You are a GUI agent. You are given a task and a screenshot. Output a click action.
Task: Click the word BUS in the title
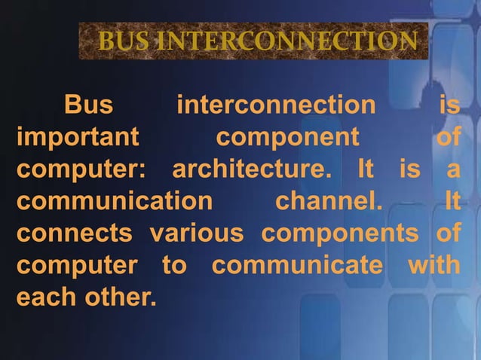pos(123,41)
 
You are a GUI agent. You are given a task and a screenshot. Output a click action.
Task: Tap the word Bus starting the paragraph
pos(89,105)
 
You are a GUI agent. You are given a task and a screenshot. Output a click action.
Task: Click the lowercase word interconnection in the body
pos(275,105)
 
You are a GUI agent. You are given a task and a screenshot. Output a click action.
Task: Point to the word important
pos(78,138)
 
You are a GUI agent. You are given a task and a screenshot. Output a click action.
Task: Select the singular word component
pos(287,138)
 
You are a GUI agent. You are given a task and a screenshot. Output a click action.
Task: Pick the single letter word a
pos(452,170)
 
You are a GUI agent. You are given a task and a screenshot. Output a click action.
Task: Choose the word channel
pos(328,202)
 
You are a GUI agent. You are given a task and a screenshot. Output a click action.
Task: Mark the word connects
pos(74,234)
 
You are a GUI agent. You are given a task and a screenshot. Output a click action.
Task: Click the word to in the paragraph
pos(174,266)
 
